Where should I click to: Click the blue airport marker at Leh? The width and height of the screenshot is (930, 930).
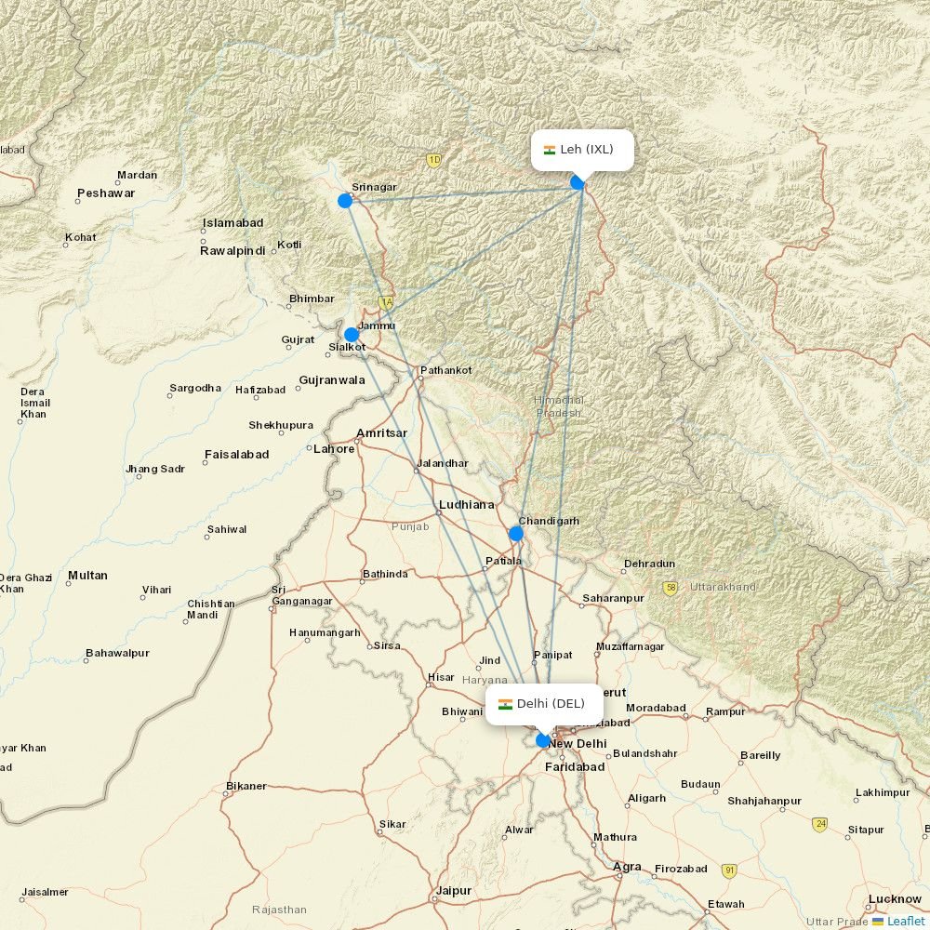tap(578, 182)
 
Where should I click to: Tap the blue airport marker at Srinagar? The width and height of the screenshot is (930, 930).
tap(345, 201)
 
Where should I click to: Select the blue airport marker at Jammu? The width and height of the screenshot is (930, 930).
tap(352, 335)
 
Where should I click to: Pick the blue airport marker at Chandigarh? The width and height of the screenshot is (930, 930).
tap(516, 534)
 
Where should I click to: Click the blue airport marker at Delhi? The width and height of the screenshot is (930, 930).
tap(543, 740)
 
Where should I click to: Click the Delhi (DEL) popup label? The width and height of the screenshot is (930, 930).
tap(544, 704)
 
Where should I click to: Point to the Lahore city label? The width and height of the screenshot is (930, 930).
tap(334, 449)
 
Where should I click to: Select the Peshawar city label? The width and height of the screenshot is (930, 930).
tap(106, 193)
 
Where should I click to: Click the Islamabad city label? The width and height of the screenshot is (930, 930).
tap(232, 223)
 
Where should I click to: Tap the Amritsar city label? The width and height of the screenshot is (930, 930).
tap(381, 433)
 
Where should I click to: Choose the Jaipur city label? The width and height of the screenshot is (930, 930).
tap(454, 891)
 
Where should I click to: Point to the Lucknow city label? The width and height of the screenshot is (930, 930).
tap(894, 899)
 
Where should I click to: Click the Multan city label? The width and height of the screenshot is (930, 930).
tap(87, 576)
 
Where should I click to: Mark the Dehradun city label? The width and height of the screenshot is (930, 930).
tap(650, 564)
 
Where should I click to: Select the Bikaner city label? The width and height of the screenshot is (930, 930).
tap(246, 787)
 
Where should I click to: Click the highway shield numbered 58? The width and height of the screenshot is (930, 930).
tap(671, 588)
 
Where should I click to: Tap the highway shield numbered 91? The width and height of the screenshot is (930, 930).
tap(730, 870)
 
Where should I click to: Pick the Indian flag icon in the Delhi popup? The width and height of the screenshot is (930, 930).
tap(506, 704)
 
